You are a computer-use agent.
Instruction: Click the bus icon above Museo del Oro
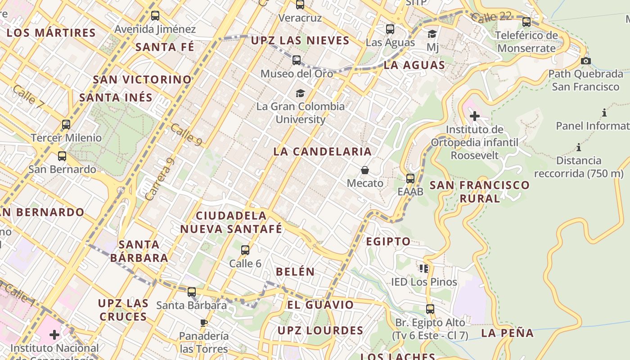coord(296,60)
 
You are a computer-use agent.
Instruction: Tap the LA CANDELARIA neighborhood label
coord(323,152)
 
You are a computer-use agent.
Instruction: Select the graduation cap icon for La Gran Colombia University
coord(300,93)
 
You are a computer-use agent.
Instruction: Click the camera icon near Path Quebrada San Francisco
coord(585,61)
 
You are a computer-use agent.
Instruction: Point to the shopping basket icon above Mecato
coord(365,170)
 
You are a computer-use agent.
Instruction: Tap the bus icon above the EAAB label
coord(410,178)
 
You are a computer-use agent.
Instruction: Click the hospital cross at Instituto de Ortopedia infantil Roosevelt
coord(474,116)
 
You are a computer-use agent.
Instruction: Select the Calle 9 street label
coord(186,135)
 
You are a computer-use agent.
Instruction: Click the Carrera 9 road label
coord(160,179)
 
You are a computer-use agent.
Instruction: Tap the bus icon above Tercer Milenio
coord(66,124)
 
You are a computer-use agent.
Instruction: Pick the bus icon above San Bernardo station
coord(62,156)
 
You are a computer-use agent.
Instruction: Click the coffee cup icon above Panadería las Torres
coord(204,323)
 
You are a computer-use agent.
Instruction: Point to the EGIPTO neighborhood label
coord(388,242)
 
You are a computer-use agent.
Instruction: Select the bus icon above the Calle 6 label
coord(245,250)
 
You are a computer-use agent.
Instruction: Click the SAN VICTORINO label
coord(142,80)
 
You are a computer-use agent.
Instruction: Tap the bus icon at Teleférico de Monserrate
coord(526,22)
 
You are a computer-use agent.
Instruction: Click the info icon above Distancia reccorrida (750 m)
coord(579,147)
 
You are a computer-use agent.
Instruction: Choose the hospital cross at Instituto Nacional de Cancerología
coord(54,335)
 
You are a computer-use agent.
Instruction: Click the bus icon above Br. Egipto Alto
coord(430,309)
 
